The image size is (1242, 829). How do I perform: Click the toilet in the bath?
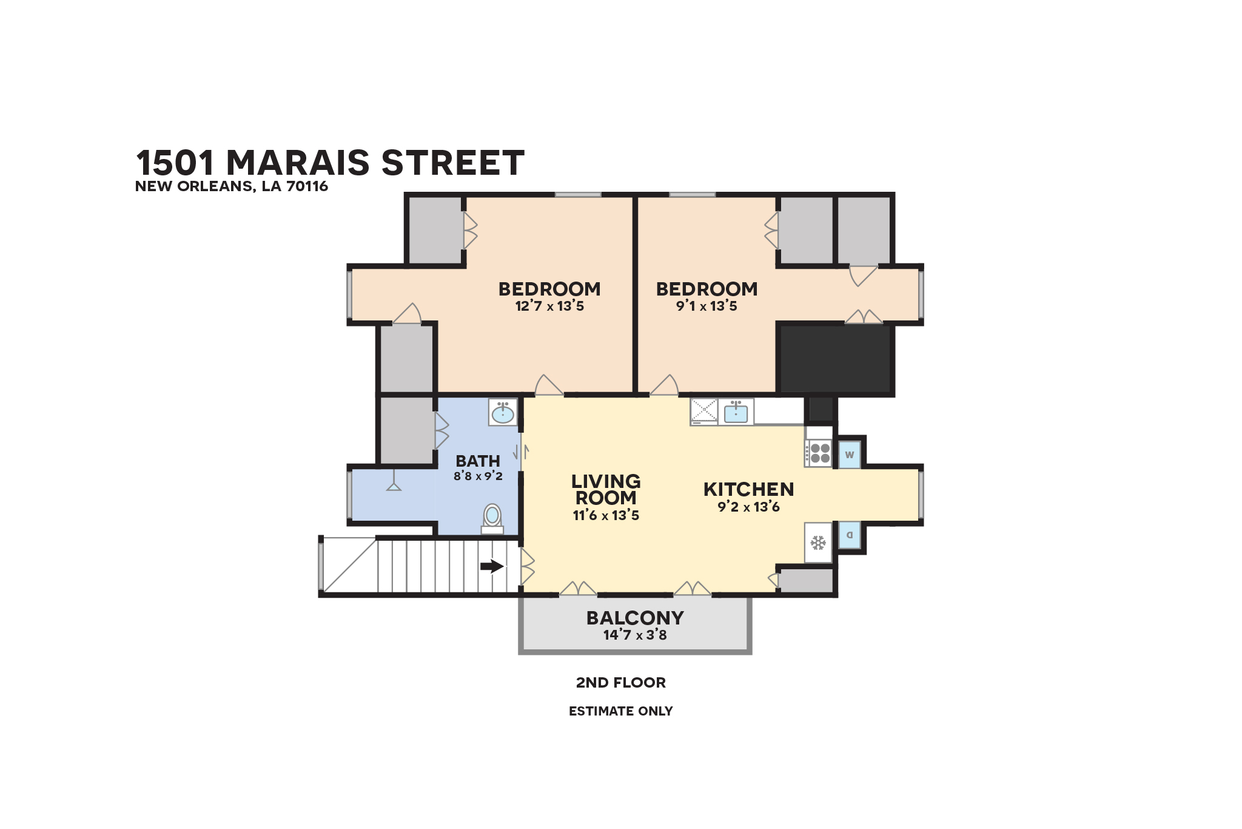coord(492,519)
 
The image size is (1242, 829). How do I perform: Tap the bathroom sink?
coord(503,412)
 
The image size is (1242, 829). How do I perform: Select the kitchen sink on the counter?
coord(736,411)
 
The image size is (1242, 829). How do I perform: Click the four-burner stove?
coord(819,453)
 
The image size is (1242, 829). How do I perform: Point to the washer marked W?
coord(850,455)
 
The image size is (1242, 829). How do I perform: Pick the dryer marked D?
coord(850,535)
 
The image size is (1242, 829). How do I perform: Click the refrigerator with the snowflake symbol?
coord(818,543)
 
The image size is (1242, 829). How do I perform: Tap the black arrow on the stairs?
coord(492,566)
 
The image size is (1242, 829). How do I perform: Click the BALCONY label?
coord(635,618)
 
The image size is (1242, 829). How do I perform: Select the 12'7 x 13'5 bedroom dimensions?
coord(549,306)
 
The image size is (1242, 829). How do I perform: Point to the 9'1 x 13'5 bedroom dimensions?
coord(707,306)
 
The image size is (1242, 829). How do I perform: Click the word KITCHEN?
coord(748,489)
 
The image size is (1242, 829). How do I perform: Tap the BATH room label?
coord(478,461)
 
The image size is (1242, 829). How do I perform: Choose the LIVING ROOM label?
coord(606,490)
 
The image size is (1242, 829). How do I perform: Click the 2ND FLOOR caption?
coord(621,683)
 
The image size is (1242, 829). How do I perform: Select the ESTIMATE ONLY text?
coord(621,711)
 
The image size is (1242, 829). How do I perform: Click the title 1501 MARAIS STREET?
coord(330,163)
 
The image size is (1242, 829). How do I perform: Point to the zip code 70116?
coord(307,186)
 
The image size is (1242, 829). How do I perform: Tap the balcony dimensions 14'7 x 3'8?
coord(635,635)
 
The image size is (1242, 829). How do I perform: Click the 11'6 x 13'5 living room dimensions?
coord(606,515)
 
